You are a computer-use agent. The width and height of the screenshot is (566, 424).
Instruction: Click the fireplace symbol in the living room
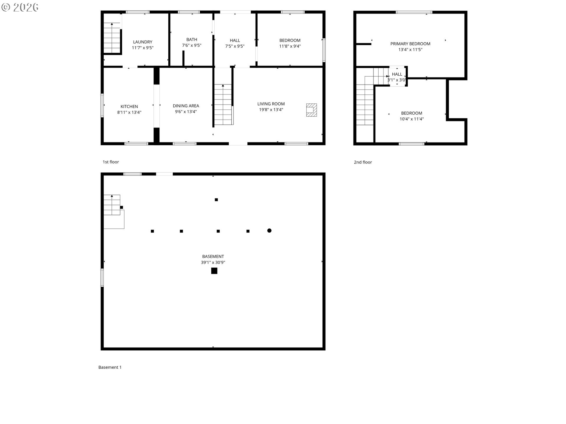point(311,110)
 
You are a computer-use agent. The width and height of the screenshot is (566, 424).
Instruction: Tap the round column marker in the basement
point(269,231)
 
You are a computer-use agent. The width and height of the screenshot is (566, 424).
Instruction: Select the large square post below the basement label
point(214,271)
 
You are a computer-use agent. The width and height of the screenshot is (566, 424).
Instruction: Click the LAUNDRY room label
point(143,42)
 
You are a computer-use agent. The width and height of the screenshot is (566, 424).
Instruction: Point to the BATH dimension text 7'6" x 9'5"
point(192,45)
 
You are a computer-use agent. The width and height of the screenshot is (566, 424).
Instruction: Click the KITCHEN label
point(129,107)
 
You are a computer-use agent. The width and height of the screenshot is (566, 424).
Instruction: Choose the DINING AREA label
point(186,106)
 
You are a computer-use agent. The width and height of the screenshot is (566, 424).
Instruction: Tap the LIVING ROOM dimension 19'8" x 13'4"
point(271,110)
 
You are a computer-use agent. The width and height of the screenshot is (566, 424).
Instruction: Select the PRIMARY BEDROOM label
point(410,44)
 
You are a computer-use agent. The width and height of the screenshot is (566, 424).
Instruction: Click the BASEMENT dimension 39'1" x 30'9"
point(213,262)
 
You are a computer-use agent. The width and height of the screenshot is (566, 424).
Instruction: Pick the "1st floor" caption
point(111,162)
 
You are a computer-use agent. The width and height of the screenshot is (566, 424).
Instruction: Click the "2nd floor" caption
point(363,162)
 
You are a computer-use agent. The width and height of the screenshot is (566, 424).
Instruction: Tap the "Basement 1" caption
point(110,367)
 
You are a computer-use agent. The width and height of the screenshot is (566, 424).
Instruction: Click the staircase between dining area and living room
point(223,105)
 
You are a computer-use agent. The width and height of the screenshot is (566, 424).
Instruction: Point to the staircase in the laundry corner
point(112,38)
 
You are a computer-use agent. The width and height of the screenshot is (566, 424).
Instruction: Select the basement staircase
point(114,211)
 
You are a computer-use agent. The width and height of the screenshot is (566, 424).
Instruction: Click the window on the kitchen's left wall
point(102,105)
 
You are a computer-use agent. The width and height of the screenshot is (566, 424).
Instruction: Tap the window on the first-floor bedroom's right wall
point(324,50)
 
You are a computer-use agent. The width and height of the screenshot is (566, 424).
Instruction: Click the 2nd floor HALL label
point(397,74)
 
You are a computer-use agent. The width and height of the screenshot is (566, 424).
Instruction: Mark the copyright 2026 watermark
point(20,7)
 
